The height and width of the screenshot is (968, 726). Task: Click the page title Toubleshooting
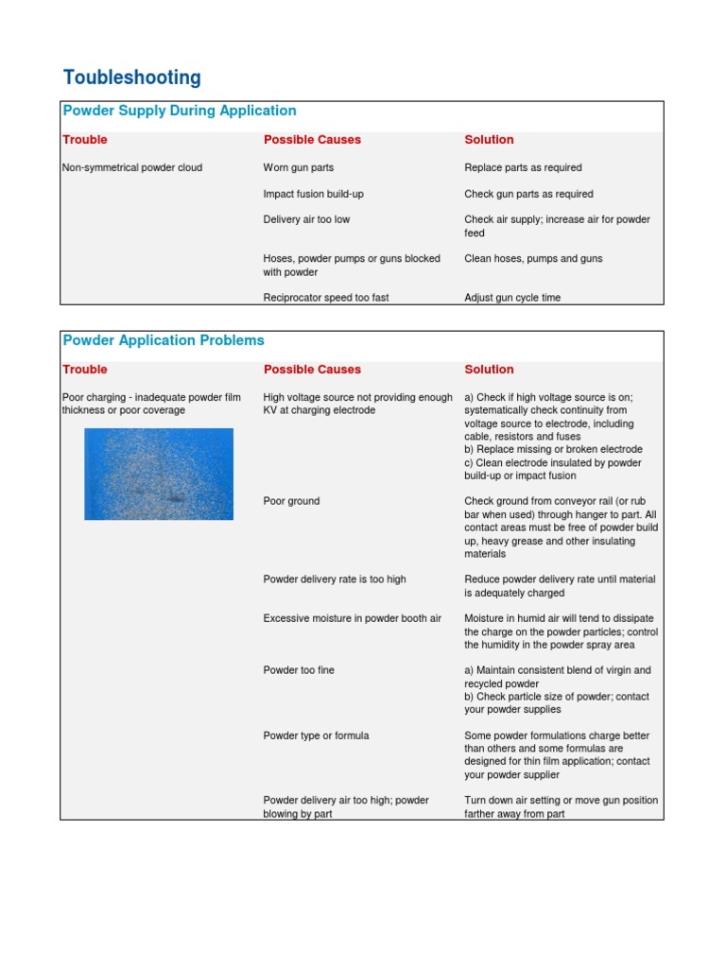point(131,78)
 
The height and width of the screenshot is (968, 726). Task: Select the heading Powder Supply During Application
point(179,111)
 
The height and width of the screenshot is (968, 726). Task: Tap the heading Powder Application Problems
point(164,340)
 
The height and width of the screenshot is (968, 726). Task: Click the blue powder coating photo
point(159,474)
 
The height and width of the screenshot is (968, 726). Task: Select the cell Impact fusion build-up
point(313,194)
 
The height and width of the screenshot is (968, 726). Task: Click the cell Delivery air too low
point(306,219)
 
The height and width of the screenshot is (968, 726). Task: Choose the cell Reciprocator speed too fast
point(325,298)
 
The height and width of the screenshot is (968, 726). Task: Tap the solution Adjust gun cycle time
point(512,298)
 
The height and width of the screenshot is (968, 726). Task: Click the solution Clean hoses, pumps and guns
point(533,258)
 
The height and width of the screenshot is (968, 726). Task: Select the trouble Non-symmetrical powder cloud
point(131,167)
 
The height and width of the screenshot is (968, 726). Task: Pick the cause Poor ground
point(291,501)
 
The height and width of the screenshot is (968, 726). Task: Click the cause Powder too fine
point(299,670)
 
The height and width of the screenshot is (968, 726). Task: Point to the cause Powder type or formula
point(316,735)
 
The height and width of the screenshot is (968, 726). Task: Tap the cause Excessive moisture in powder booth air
point(352,618)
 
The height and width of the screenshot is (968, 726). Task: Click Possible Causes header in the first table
point(312,140)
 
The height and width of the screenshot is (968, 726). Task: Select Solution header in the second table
point(489,370)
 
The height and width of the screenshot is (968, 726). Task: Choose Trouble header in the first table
point(85,140)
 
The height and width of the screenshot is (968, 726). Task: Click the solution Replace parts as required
point(523,167)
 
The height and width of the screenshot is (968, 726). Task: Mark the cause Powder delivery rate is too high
point(334,579)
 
